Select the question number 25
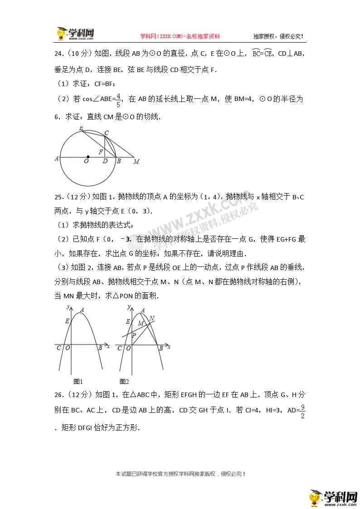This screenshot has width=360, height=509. tap(59, 197)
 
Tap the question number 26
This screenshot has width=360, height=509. tap(59, 395)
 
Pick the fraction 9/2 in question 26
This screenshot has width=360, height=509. tap(302, 411)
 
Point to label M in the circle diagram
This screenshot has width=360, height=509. tap(136, 161)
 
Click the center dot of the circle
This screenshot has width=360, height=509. tap(88, 157)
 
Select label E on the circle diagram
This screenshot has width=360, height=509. tap(81, 129)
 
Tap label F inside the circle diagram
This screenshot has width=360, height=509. tap(101, 152)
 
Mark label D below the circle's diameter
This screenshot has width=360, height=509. tap(105, 161)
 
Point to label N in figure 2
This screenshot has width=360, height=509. tap(152, 318)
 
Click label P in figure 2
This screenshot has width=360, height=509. tap(133, 335)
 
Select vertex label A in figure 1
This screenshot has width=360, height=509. tap(82, 310)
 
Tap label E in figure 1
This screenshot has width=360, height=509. tap(67, 321)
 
